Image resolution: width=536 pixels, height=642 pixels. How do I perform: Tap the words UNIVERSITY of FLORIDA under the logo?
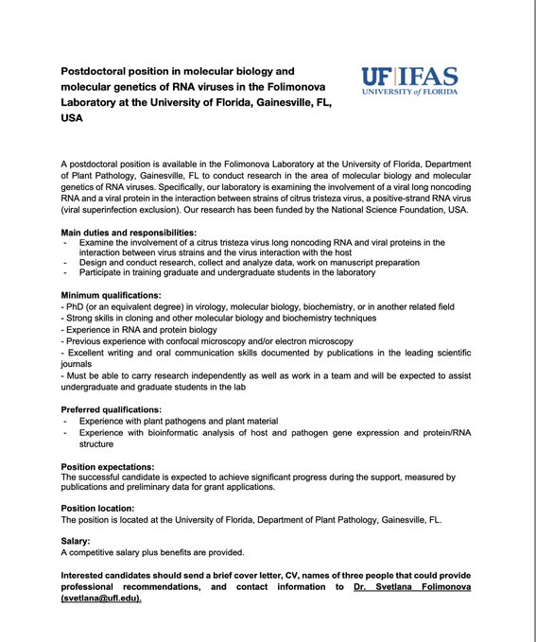click(408, 93)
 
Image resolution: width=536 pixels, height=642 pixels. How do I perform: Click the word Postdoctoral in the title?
click(98, 71)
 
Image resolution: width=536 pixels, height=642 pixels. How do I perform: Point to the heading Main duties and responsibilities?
click(129, 232)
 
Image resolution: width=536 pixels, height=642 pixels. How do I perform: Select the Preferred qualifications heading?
click(118, 409)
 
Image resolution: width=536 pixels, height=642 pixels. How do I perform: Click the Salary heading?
click(76, 541)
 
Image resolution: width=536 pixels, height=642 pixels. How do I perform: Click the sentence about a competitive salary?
click(152, 552)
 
